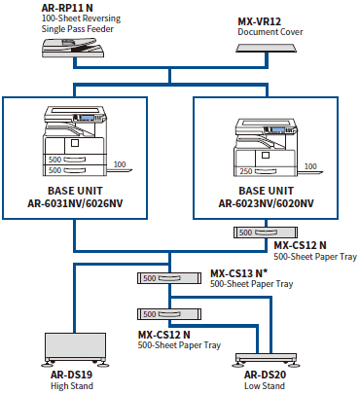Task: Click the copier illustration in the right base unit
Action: click(x=266, y=144)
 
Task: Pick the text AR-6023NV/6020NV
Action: click(x=267, y=206)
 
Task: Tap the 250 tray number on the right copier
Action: click(x=247, y=172)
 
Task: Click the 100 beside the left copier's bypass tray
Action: click(x=119, y=165)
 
